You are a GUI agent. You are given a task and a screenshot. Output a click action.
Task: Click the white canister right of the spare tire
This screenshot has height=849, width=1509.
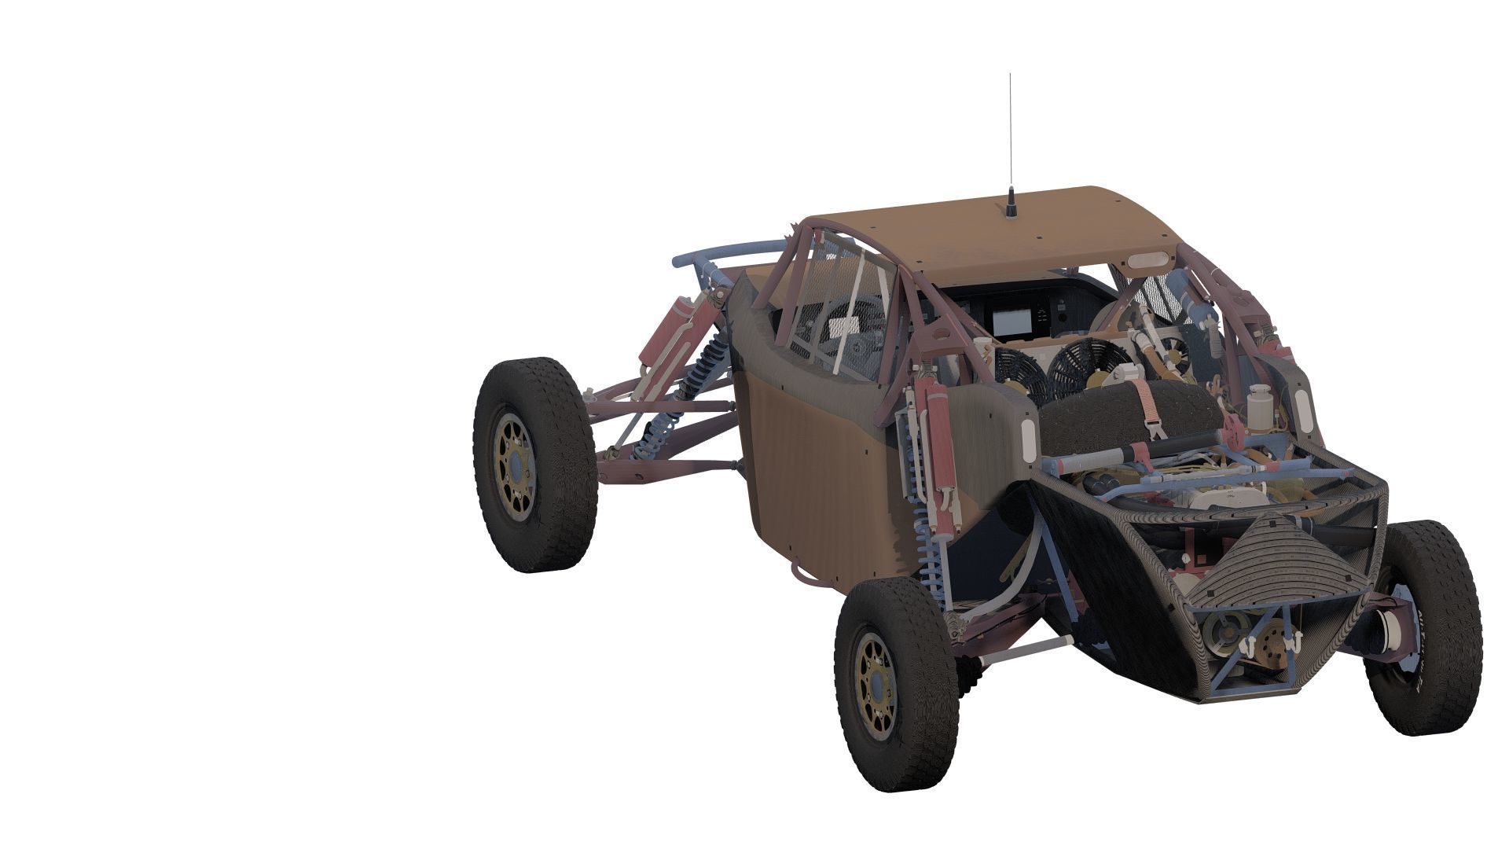(x=1258, y=404)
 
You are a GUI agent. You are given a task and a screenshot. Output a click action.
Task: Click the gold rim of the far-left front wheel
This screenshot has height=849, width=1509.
(x=516, y=464)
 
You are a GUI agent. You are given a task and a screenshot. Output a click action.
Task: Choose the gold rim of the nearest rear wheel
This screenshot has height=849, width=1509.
(x=876, y=685)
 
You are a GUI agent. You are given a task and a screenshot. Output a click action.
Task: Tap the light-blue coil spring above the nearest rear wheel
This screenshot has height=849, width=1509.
(x=927, y=542)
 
